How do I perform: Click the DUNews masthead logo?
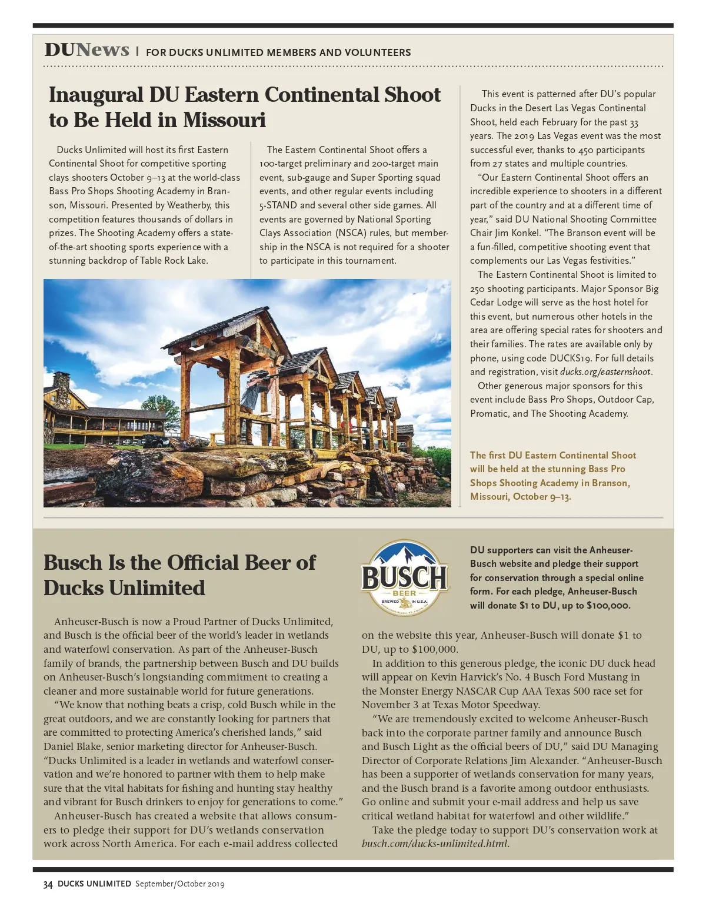tap(86, 50)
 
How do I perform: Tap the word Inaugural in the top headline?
tap(96, 95)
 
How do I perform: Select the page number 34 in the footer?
tap(48, 884)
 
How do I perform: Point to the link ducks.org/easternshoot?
tap(605, 372)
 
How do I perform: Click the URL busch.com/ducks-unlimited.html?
tap(435, 844)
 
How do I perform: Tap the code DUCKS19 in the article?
tap(570, 358)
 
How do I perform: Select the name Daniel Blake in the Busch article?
tap(72, 746)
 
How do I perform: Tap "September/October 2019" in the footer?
tap(179, 884)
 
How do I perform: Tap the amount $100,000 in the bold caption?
tap(608, 605)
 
